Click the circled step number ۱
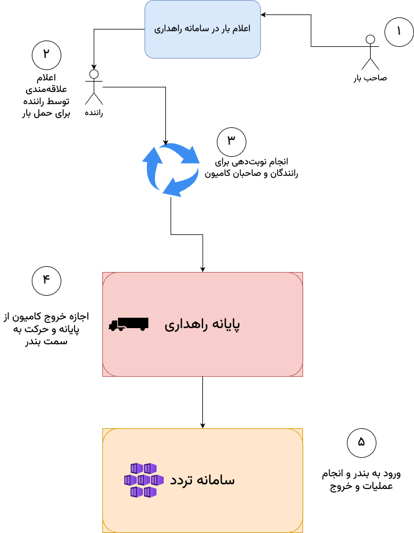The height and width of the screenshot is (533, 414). click(x=399, y=32)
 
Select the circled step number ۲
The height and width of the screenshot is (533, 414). click(x=46, y=55)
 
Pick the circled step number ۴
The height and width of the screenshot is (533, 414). click(x=46, y=281)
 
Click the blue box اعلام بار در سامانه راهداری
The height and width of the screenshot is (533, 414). click(x=202, y=29)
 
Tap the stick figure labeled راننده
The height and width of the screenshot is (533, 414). click(x=94, y=87)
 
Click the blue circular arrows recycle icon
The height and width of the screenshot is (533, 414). click(x=171, y=168)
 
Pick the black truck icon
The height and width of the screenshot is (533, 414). click(x=128, y=324)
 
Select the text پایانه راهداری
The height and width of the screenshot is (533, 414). click(x=202, y=324)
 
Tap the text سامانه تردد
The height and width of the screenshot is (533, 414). click(x=202, y=480)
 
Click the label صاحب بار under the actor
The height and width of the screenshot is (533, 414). click(x=370, y=78)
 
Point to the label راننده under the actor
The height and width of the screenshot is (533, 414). click(x=94, y=112)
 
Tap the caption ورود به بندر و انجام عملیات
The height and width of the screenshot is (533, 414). click(x=361, y=480)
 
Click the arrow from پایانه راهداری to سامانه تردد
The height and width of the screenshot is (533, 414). click(x=202, y=402)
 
